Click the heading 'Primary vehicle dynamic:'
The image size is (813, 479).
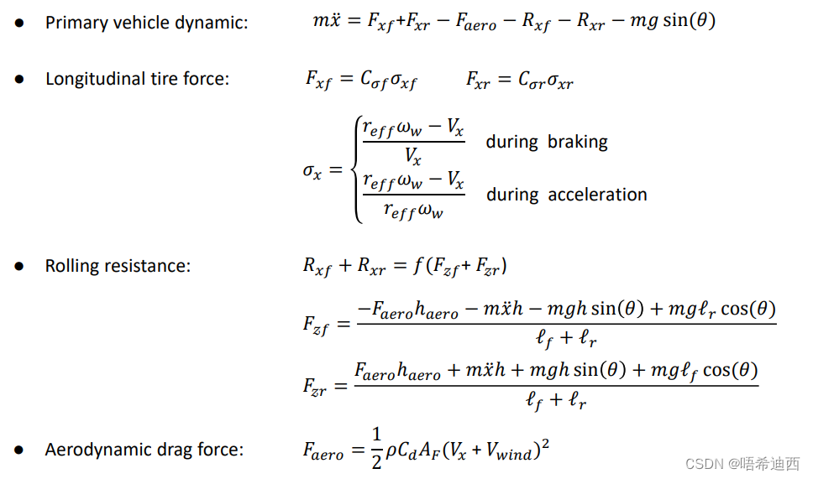146,23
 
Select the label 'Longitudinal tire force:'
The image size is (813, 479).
137,79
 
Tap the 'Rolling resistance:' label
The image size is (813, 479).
118,266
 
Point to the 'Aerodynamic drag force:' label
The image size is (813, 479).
144,450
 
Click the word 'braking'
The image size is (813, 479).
577,142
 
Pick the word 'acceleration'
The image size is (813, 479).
597,195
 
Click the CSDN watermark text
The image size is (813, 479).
742,463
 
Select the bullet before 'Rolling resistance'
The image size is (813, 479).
19,266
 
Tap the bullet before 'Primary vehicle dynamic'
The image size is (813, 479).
19,23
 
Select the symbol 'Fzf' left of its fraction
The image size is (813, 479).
315,325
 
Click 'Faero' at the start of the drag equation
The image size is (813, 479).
323,450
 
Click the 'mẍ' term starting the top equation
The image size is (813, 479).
327,21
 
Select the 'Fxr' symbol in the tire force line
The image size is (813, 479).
479,80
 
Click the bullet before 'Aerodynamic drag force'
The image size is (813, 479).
19,450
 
